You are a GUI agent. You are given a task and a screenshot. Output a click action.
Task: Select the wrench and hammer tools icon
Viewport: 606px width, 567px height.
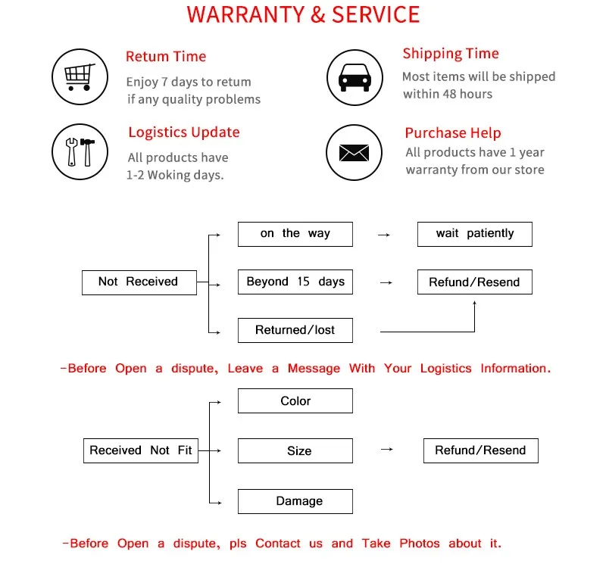pyautogui.click(x=79, y=151)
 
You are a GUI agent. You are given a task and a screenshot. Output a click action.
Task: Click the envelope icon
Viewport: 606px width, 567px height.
pyautogui.click(x=354, y=152)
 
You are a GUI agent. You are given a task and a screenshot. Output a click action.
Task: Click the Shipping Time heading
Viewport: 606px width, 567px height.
pyautogui.click(x=451, y=54)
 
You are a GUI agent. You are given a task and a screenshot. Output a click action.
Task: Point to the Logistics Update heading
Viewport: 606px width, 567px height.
pyautogui.click(x=184, y=132)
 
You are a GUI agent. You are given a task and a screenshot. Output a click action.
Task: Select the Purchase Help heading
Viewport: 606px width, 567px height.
pyautogui.click(x=453, y=133)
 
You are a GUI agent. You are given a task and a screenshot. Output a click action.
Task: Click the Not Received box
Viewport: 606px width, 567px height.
pyautogui.click(x=139, y=282)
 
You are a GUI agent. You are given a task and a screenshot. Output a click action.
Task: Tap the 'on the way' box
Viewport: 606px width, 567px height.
pyautogui.click(x=295, y=233)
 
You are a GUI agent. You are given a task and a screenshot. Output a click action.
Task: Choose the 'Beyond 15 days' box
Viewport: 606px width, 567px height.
pyautogui.click(x=295, y=282)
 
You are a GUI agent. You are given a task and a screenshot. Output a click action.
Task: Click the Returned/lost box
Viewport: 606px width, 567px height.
pyautogui.click(x=295, y=330)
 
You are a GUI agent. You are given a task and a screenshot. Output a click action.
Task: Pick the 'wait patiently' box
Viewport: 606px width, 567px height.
pyautogui.click(x=475, y=233)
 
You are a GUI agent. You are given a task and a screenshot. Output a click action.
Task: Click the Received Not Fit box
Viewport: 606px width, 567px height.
pyautogui.click(x=141, y=450)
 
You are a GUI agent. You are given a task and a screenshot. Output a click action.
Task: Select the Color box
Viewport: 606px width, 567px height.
pyautogui.click(x=295, y=401)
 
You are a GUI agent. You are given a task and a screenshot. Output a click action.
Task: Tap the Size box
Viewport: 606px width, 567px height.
pyautogui.click(x=295, y=451)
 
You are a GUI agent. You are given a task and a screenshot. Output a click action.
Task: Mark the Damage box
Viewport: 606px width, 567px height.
pyautogui.click(x=295, y=501)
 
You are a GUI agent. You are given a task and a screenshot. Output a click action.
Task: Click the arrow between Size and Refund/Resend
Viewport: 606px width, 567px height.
pyautogui.click(x=386, y=450)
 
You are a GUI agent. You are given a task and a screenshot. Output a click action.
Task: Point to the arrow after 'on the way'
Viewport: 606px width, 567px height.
pyautogui.click(x=384, y=235)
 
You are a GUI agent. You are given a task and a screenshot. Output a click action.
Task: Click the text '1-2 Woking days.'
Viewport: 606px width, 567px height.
pyautogui.click(x=175, y=175)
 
